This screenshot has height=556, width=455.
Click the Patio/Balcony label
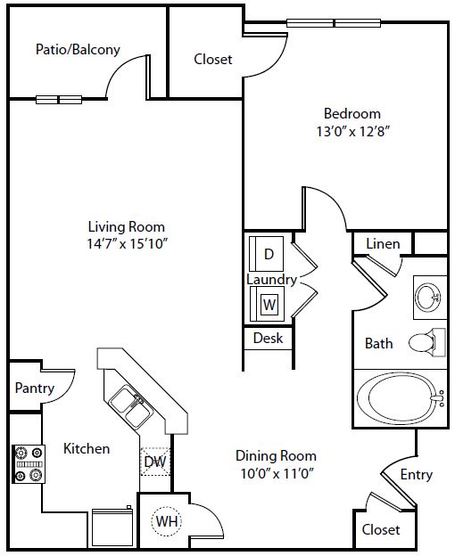click(x=78, y=49)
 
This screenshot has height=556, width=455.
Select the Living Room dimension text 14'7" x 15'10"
click(x=127, y=243)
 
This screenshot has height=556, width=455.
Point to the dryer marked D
click(x=267, y=254)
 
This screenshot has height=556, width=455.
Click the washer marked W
click(x=268, y=304)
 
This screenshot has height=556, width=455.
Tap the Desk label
click(x=268, y=338)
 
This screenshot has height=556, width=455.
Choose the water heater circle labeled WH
click(x=167, y=521)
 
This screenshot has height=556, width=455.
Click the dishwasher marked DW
click(x=155, y=462)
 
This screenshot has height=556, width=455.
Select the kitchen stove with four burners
click(x=29, y=464)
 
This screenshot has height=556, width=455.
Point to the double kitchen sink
click(x=130, y=406)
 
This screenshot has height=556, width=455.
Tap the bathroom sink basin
click(x=428, y=297)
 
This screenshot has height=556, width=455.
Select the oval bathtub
click(x=401, y=398)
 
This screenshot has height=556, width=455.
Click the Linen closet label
click(x=383, y=243)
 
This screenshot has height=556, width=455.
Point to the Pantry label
click(x=35, y=388)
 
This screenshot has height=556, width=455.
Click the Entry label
click(x=417, y=475)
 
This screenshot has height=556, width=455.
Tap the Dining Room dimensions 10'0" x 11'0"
click(x=277, y=473)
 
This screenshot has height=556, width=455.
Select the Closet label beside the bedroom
click(x=213, y=59)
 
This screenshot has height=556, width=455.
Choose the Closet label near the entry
click(x=381, y=530)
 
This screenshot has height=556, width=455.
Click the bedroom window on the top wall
click(x=334, y=23)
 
